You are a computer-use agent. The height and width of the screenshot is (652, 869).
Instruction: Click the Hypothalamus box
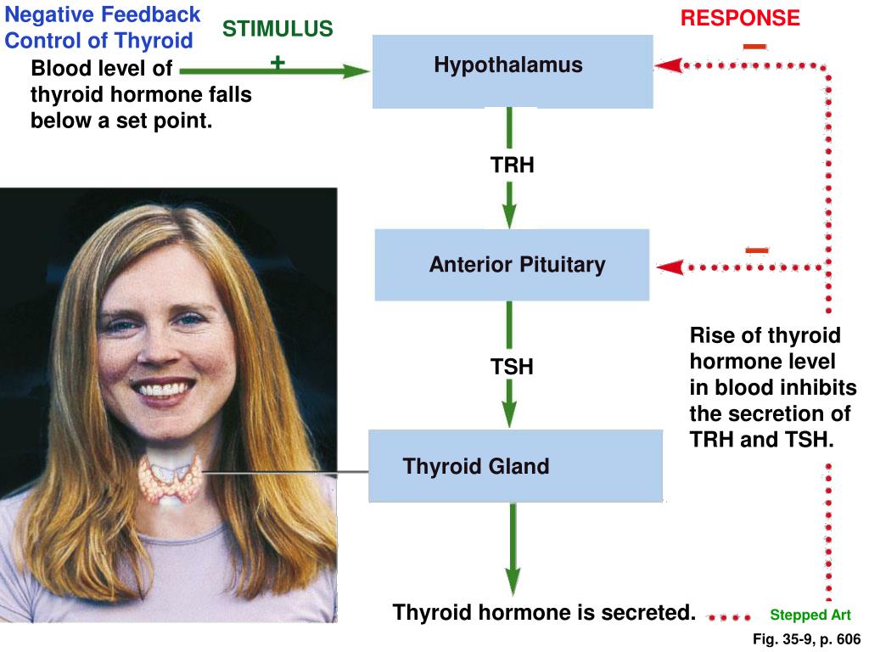coord(513,71)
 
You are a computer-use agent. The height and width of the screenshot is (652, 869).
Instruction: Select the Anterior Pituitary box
coord(512,265)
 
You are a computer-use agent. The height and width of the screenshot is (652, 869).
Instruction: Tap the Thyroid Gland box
coord(515,466)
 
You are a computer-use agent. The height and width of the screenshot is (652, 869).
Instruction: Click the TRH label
coord(513,165)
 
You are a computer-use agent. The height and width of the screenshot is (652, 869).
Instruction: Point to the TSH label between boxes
coord(512,368)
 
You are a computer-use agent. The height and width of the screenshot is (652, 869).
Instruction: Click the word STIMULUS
coord(278,30)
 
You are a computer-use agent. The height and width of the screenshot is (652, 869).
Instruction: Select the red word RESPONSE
coord(740,18)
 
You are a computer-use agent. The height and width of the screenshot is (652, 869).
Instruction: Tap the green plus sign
coord(278,62)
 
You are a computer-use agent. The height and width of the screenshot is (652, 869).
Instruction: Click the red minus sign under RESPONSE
coord(754,46)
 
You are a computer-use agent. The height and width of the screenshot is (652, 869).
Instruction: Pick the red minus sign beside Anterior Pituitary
coord(757,250)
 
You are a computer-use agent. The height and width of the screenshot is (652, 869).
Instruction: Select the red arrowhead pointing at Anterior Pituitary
coord(670,267)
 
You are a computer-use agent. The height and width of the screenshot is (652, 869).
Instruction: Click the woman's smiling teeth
coord(162,391)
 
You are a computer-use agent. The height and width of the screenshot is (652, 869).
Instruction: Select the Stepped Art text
coord(810,615)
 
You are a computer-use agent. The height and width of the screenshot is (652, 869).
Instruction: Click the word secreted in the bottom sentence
coord(648,612)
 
